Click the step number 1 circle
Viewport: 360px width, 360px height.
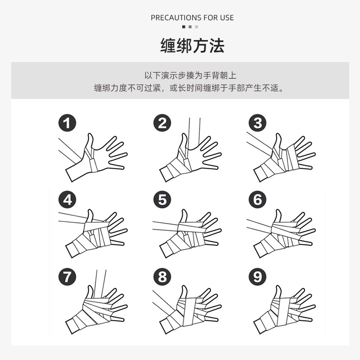[67, 123]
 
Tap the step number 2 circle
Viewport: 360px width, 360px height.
[162, 123]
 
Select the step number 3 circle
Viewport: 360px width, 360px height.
[257, 123]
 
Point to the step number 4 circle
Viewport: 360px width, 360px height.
[67, 199]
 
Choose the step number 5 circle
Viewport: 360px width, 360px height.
[162, 199]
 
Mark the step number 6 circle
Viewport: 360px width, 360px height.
[257, 199]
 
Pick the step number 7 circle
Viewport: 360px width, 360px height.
[67, 277]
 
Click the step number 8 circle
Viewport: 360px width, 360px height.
[162, 277]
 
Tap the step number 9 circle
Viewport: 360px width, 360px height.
[257, 277]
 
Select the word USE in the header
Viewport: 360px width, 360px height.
[227, 18]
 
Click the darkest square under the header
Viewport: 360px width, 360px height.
[184, 27]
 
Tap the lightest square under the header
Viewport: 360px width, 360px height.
[197, 27]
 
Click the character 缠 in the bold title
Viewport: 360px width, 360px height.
[168, 46]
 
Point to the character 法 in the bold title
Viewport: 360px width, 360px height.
[217, 46]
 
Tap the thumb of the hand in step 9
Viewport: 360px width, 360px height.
[278, 292]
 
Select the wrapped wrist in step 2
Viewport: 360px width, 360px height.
[174, 169]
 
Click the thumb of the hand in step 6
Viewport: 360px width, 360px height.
[278, 216]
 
